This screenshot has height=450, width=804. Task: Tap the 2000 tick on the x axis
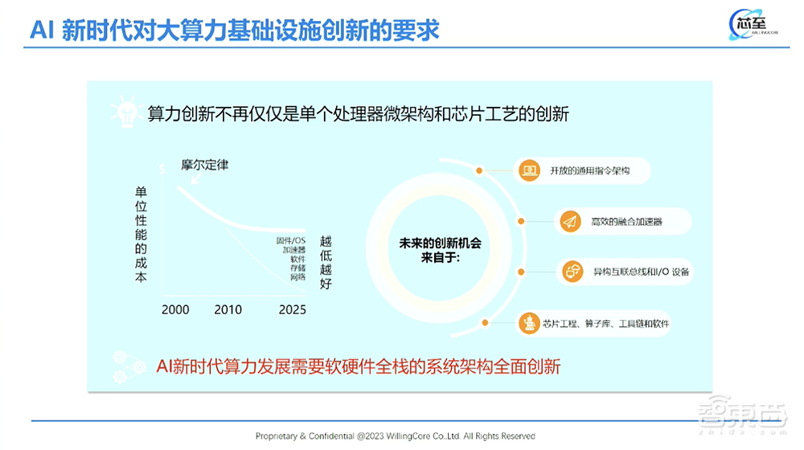[x=175, y=309]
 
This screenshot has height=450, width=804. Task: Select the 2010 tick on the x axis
[x=228, y=309]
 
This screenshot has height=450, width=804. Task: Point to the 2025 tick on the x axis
[x=292, y=309]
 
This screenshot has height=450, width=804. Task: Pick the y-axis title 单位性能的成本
[x=141, y=234]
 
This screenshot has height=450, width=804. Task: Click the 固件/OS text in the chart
[x=289, y=240]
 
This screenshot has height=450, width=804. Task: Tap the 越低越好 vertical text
[x=326, y=262]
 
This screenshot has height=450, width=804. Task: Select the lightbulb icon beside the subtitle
[x=126, y=112]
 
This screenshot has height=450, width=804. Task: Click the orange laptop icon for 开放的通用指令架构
[x=528, y=170]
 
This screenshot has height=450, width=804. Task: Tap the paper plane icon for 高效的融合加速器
[x=570, y=221]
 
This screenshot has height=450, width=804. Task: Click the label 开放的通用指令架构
[x=588, y=170]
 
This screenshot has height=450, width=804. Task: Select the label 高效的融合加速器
[x=627, y=221]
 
